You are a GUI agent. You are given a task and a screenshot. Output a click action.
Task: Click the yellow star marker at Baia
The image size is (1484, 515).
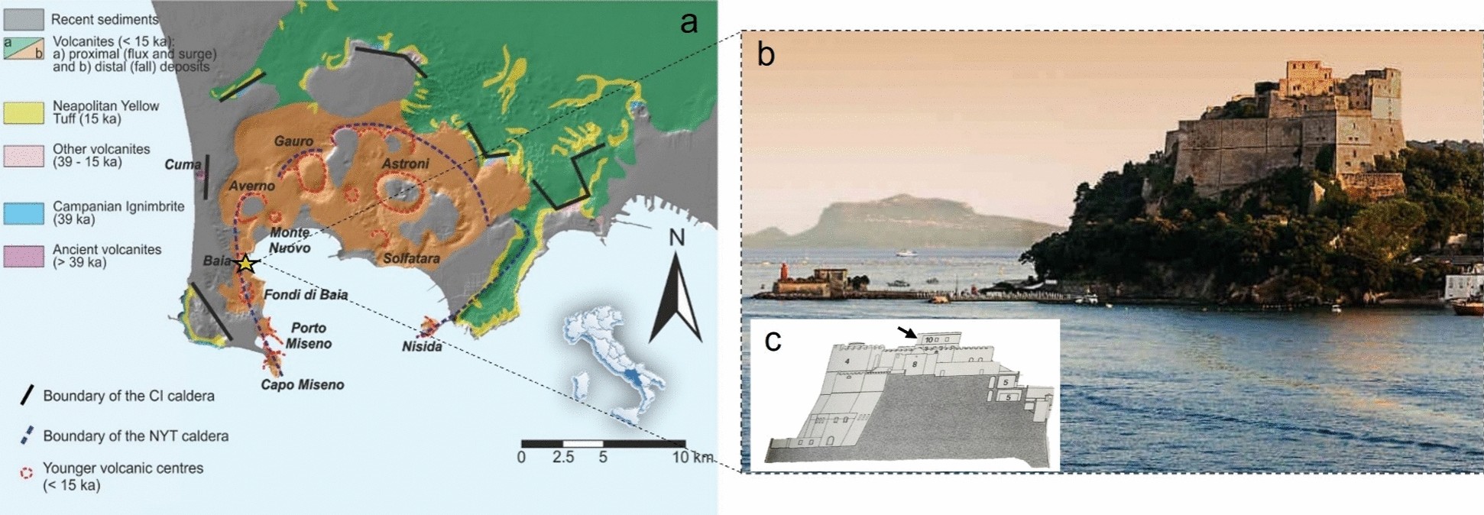pyautogui.click(x=245, y=264)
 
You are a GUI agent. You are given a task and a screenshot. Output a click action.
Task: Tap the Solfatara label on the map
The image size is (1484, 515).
pyautogui.click(x=411, y=258)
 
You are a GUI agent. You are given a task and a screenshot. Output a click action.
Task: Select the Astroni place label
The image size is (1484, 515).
pyautogui.click(x=405, y=164)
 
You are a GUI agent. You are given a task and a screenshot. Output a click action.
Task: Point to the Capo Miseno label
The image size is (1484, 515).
pyautogui.click(x=303, y=385)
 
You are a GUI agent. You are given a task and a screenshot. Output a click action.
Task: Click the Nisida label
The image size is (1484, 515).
pyautogui.click(x=422, y=346)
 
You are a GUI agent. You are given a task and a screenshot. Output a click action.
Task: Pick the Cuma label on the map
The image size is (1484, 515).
pyautogui.click(x=183, y=164)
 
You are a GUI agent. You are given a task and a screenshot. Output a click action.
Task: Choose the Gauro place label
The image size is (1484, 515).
pyautogui.click(x=293, y=141)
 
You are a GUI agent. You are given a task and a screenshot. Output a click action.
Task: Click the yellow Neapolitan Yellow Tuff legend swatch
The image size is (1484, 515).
pyautogui.click(x=23, y=112)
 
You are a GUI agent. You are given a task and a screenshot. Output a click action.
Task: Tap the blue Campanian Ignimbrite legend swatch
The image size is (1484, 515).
pyautogui.click(x=23, y=212)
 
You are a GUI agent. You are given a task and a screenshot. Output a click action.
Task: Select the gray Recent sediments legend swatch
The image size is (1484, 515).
pyautogui.click(x=23, y=19)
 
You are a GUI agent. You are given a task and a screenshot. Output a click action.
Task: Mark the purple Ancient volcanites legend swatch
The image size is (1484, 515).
pyautogui.click(x=23, y=256)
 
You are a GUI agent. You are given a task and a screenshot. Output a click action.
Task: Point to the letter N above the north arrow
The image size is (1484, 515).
pyautogui.click(x=676, y=238)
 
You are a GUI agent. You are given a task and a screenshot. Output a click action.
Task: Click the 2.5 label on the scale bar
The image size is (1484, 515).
pyautogui.click(x=564, y=458)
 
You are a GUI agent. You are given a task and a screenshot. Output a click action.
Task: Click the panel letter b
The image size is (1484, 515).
pyautogui.click(x=765, y=54)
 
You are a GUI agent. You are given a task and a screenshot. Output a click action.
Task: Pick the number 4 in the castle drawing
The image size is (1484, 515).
pyautogui.click(x=847, y=360)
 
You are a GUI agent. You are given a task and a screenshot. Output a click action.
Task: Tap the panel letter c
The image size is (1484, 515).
pyautogui.click(x=773, y=341)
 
